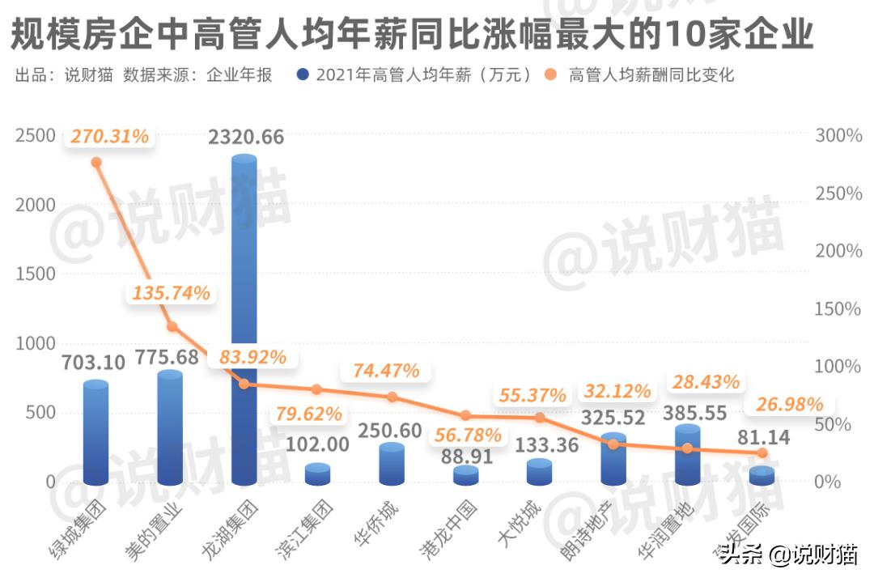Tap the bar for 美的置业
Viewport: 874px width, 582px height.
coord(170,428)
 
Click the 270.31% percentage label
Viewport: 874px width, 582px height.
coord(109,137)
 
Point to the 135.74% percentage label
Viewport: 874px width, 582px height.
coord(170,293)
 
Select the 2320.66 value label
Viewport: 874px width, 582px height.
coord(246,138)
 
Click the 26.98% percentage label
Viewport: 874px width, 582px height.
coord(789,404)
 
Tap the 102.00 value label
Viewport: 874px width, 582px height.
coord(317,444)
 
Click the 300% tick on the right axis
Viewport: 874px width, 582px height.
coord(838,136)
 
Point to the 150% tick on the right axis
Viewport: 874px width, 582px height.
coord(838,309)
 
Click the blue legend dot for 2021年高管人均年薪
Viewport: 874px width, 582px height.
coord(303,75)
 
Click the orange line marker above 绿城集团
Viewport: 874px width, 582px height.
coord(96,162)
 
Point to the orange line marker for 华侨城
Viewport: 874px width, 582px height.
coord(392,397)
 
